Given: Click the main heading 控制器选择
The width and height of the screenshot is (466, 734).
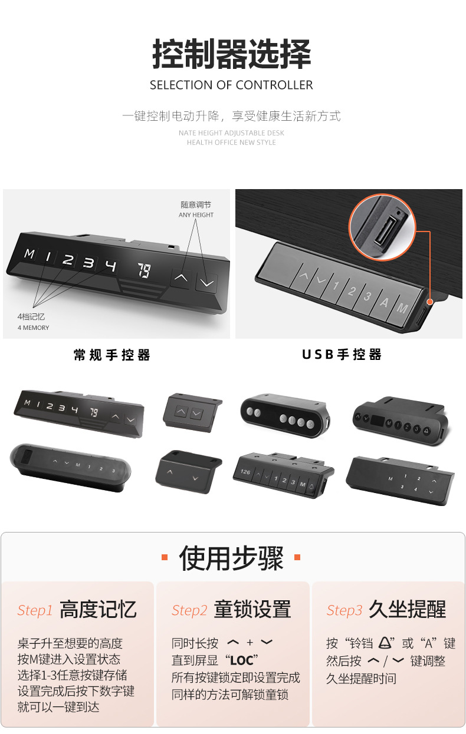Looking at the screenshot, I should click(231, 54).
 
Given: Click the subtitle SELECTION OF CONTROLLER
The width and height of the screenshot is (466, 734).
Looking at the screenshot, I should click(231, 85).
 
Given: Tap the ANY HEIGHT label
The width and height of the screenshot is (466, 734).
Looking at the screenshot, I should click(196, 215).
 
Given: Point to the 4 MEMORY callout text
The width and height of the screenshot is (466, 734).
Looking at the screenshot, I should click(34, 328).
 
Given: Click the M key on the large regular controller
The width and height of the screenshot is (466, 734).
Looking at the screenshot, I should click(29, 254).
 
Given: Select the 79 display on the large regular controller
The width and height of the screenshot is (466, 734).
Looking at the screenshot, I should click(143, 270).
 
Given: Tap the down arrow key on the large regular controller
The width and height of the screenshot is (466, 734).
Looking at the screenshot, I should click(206, 283).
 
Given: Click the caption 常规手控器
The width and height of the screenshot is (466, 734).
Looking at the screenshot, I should click(112, 355).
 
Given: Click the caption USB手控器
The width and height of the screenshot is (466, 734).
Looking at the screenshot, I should click(342, 355).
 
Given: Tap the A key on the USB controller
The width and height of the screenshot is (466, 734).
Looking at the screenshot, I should click(384, 302).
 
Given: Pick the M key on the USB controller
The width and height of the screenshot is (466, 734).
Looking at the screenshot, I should click(402, 308).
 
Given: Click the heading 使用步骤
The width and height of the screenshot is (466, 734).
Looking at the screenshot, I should click(231, 558).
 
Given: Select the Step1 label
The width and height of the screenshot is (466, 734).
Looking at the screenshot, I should click(35, 610).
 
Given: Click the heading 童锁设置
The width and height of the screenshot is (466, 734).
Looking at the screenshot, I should click(252, 610).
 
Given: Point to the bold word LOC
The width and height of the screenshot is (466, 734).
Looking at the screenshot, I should click(241, 660).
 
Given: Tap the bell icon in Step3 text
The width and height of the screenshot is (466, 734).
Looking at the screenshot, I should click(386, 643).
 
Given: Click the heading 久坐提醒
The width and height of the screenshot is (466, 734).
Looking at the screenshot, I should click(407, 610).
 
